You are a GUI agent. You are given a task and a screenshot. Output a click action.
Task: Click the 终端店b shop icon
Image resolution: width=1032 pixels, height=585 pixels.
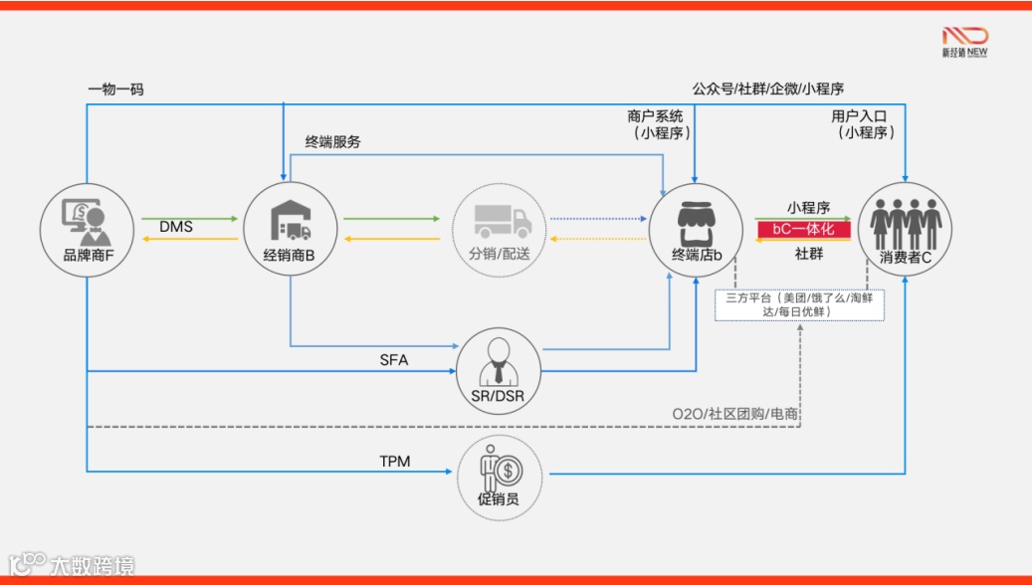point(697,220)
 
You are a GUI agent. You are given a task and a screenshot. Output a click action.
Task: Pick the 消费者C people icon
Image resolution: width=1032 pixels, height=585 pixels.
point(906,221)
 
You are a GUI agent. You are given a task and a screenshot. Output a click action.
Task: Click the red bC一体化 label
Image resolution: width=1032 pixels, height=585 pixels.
point(804,230)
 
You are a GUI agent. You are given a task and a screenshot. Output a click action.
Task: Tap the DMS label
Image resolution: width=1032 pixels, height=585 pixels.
point(176,228)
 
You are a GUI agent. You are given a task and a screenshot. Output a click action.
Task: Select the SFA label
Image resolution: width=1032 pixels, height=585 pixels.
point(394,360)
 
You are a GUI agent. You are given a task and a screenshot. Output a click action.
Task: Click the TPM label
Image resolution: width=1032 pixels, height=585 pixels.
point(394,462)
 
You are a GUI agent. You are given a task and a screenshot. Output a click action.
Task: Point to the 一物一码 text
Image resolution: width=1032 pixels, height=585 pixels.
point(116,90)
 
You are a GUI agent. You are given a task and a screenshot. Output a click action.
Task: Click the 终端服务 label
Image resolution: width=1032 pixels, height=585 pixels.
point(332,142)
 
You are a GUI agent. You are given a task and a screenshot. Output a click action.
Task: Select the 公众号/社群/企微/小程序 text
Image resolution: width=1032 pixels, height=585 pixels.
point(768,89)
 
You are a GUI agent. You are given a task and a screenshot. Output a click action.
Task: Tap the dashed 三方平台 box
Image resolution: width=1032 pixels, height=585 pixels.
point(799,304)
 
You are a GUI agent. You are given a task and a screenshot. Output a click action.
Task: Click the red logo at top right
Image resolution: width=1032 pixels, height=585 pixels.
point(964,37)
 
